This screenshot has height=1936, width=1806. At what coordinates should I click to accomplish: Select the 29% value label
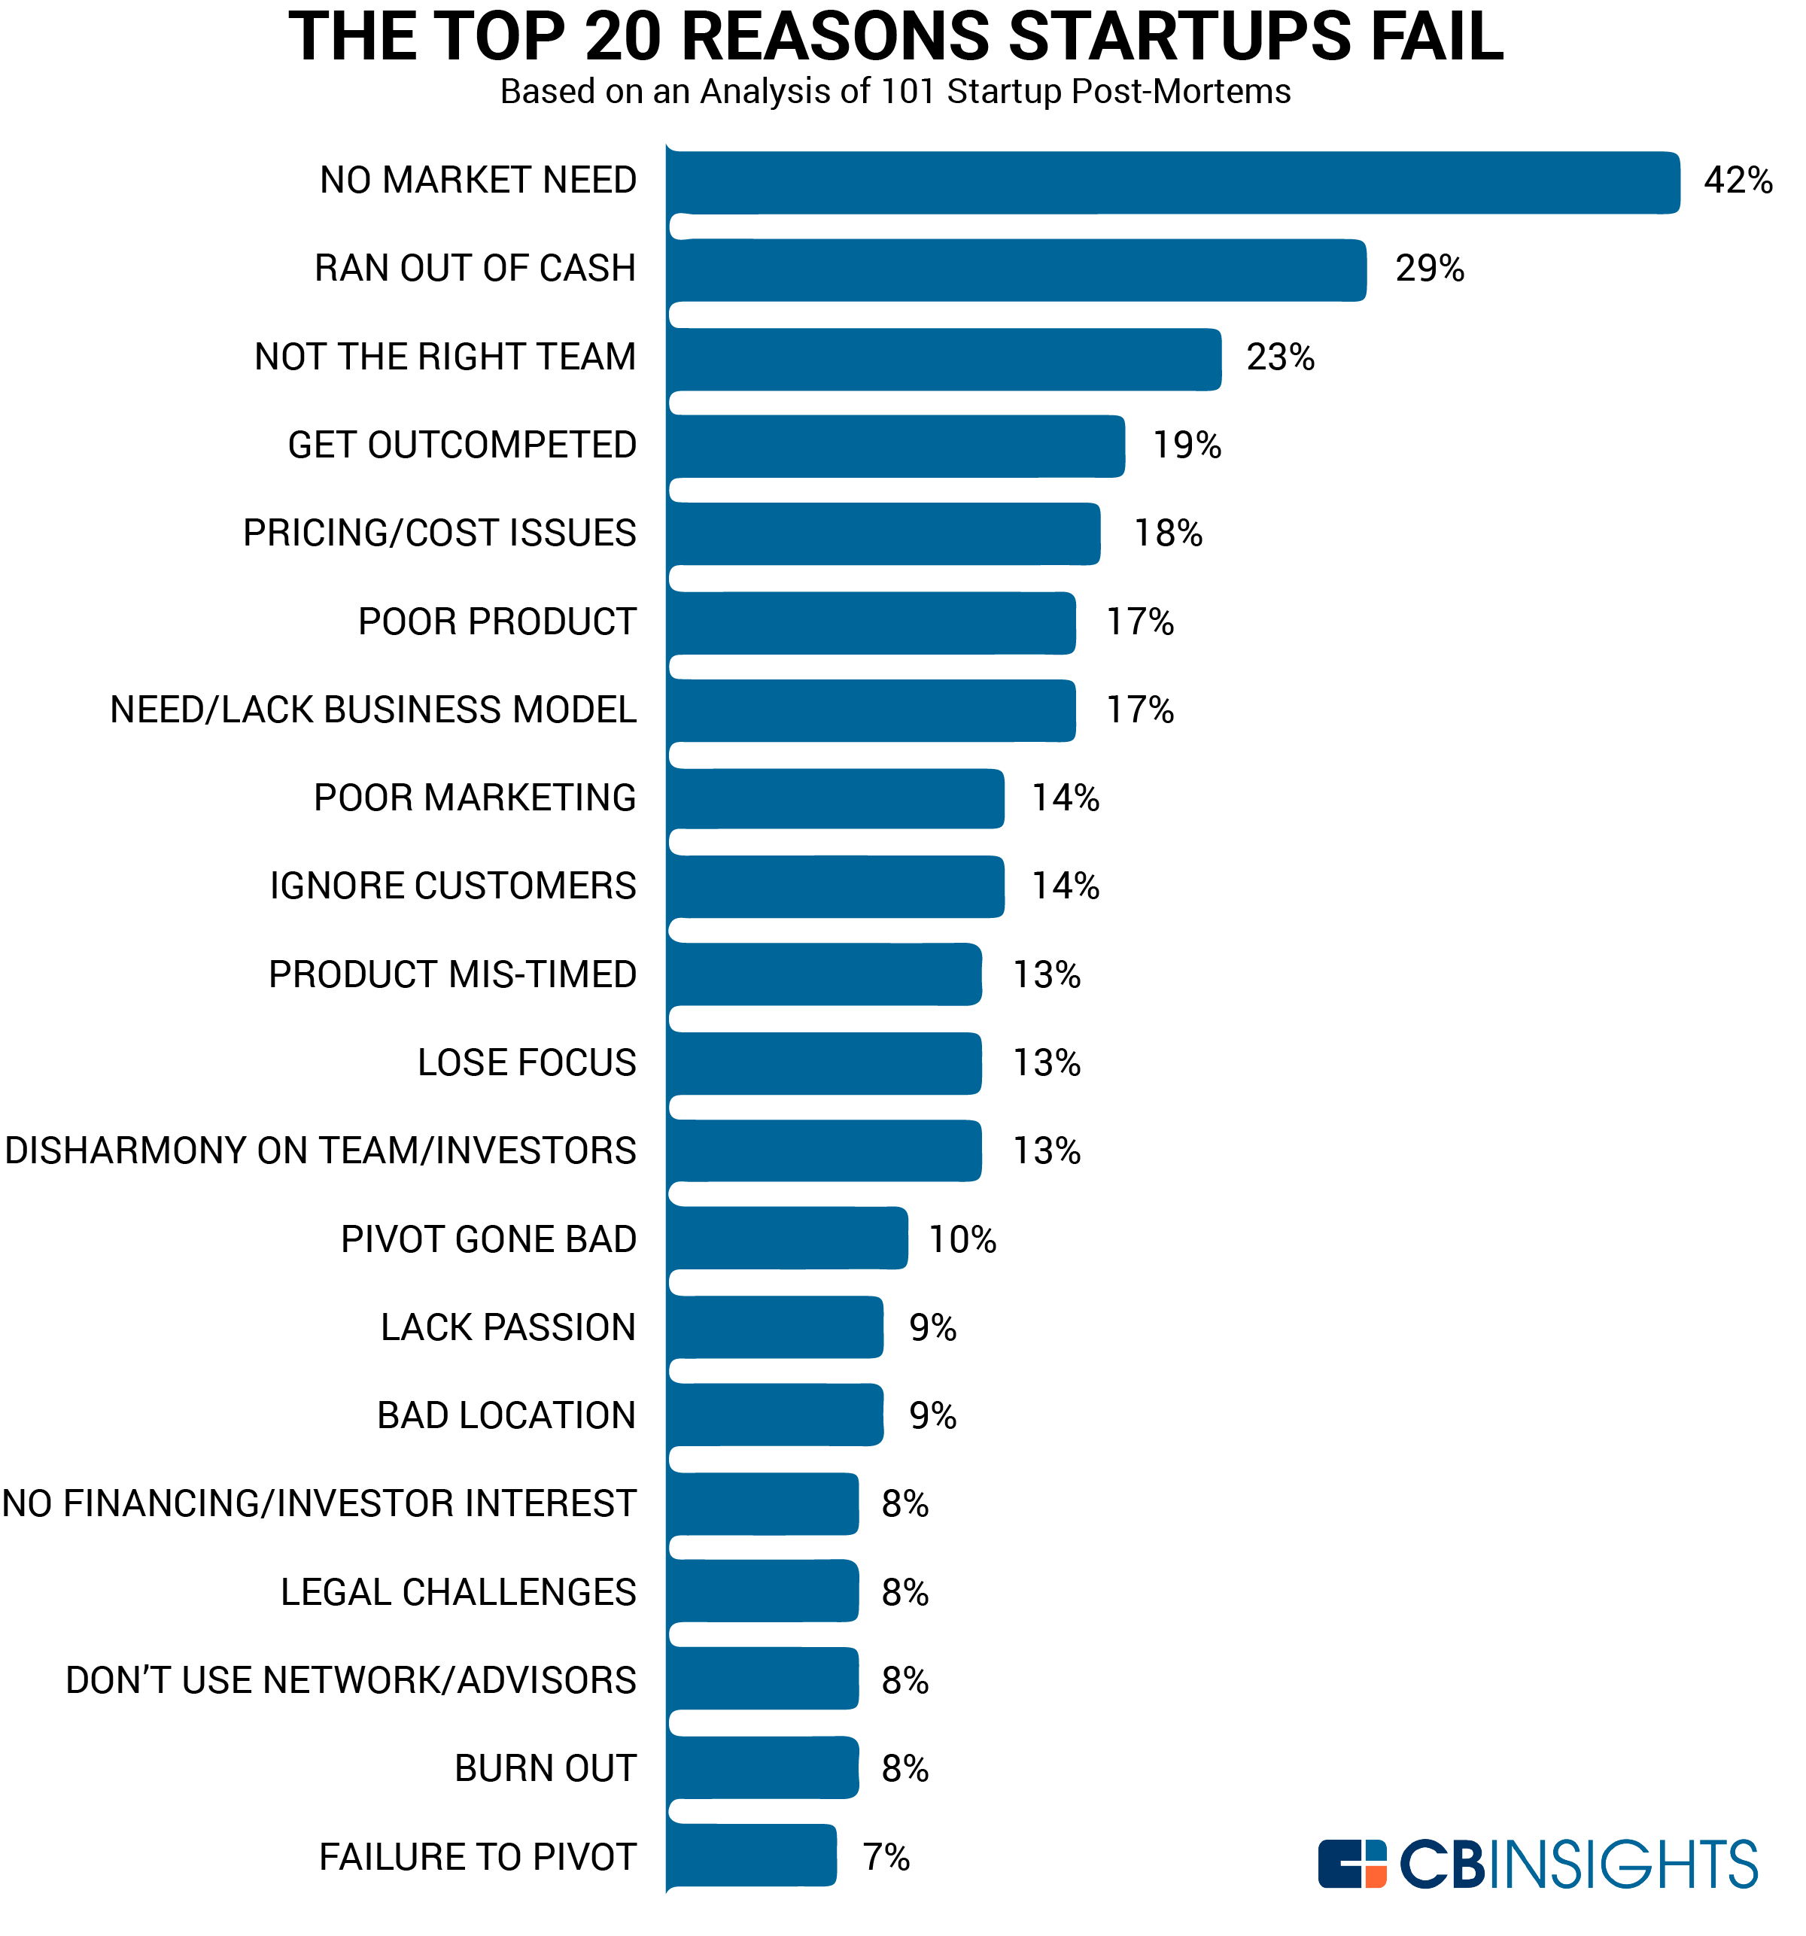point(1428,268)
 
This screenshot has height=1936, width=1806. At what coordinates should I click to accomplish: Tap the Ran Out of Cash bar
point(1016,270)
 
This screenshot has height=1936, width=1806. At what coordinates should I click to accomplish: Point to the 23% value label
point(1279,357)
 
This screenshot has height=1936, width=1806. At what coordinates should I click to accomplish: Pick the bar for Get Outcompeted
point(895,446)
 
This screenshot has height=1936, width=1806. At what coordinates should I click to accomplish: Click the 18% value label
point(1167,533)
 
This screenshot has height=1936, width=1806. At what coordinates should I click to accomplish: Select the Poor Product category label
point(497,622)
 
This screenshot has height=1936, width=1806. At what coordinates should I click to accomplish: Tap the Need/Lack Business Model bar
point(871,711)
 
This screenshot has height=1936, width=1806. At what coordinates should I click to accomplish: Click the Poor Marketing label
point(474,798)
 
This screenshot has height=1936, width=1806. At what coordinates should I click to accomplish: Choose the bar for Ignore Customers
point(835,886)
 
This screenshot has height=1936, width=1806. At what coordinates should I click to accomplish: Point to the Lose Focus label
point(526,1062)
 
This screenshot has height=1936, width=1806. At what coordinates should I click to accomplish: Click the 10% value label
point(962,1240)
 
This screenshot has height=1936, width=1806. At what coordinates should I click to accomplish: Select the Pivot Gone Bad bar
point(787,1238)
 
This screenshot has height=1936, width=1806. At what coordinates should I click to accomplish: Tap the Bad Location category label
point(506,1415)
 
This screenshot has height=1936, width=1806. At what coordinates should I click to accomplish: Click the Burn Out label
point(545,1768)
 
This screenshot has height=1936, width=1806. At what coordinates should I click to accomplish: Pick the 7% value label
point(886,1857)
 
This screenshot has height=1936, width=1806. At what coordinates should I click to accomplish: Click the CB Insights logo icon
point(1351,1863)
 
